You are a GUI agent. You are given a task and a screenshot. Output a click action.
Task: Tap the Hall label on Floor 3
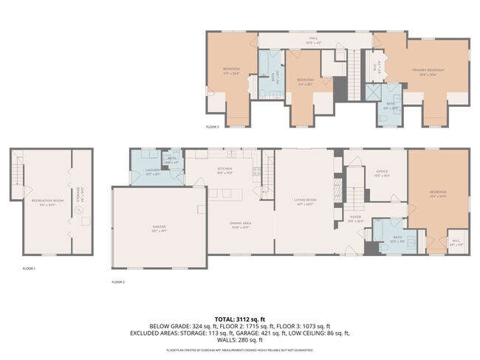point(313,38)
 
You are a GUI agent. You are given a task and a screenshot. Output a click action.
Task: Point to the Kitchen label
point(224,170)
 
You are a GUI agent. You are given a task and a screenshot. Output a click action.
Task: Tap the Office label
point(382,174)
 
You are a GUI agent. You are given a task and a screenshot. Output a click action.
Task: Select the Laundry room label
point(153,174)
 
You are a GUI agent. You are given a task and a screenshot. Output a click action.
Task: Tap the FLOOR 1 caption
point(28,269)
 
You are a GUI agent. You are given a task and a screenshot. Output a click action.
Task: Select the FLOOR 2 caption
point(118,282)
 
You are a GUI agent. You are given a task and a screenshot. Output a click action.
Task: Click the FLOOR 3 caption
point(213,127)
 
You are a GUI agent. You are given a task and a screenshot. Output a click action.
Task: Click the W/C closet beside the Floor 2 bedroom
point(456,241)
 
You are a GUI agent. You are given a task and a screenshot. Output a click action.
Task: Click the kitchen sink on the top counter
point(230,155)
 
